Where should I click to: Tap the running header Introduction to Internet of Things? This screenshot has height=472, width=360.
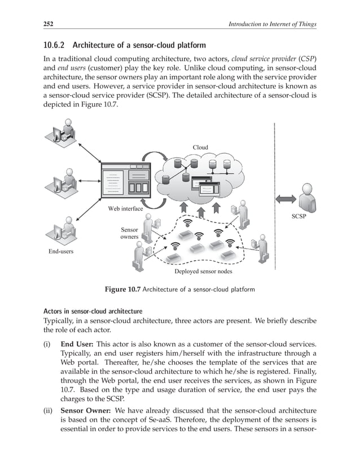click(270, 24)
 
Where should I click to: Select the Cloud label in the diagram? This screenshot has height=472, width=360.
click(200, 147)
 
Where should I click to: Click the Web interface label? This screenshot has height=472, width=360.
click(125, 208)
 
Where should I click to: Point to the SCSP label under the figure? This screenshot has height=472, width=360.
click(306, 217)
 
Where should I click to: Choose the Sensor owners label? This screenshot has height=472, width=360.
click(129, 234)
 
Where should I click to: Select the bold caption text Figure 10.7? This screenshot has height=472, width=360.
click(122, 290)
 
